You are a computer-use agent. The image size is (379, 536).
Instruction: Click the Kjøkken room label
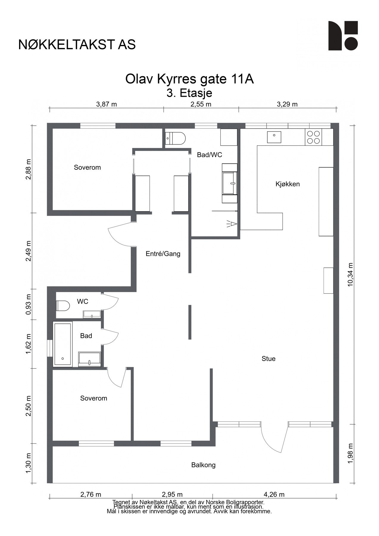coord(287,184)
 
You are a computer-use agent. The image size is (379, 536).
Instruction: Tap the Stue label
coord(268,359)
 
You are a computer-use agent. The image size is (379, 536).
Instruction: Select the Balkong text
coord(203,465)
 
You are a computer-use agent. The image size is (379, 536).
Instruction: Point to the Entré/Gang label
coord(163,254)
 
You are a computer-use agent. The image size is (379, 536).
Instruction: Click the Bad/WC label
coord(209,155)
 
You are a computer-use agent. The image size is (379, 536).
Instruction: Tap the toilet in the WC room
coord(63,306)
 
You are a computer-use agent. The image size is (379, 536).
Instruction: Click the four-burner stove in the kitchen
coord(314,137)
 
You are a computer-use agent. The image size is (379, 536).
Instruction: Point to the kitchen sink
coord(274,137)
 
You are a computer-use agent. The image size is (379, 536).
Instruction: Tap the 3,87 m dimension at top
coord(106,104)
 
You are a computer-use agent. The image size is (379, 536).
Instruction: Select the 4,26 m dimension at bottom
coord(274,495)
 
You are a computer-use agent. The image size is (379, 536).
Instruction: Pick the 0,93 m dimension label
coord(29,304)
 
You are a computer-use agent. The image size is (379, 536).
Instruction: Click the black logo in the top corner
coord(343,35)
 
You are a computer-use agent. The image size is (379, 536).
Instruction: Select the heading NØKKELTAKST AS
coord(77,44)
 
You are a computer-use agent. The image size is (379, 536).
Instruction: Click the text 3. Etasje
coord(189,93)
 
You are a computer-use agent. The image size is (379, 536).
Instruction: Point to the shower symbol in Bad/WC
coord(232,224)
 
